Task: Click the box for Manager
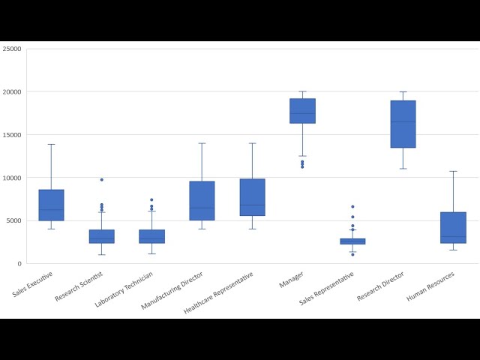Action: click(302, 111)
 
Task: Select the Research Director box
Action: click(403, 124)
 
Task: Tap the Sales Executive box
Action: click(51, 205)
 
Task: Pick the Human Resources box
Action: click(453, 227)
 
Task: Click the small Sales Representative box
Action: click(352, 241)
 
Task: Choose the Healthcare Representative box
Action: click(252, 197)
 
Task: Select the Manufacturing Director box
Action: click(202, 201)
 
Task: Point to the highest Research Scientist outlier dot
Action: click(101, 180)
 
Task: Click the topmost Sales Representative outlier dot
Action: click(352, 207)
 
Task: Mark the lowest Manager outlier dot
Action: click(302, 167)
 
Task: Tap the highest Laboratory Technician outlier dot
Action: click(151, 200)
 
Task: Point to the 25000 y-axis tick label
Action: click(12, 49)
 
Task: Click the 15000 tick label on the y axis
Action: click(12, 135)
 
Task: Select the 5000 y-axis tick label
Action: click(13, 221)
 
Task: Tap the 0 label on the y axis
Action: click(19, 264)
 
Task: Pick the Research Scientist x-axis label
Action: click(77, 288)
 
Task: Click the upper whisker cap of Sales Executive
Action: click(51, 144)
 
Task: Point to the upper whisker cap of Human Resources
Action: click(453, 171)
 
